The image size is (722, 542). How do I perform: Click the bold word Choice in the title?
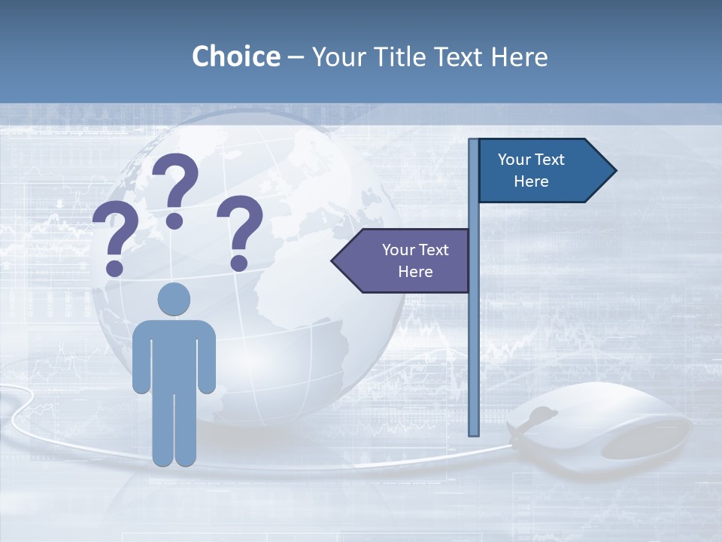coord(235,56)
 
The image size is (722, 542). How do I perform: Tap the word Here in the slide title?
coord(519,56)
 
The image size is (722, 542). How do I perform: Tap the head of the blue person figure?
coord(174,300)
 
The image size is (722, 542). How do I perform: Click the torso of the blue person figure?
coord(174,354)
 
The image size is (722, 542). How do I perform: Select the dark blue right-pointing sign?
coord(541,171)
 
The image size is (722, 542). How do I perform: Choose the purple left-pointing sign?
coord(406,260)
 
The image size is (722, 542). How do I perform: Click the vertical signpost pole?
coord(474,339)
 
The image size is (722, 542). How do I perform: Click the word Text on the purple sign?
coord(432,250)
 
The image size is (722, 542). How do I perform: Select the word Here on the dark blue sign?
coord(531,181)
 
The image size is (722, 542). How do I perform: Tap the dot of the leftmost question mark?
coord(114,267)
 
